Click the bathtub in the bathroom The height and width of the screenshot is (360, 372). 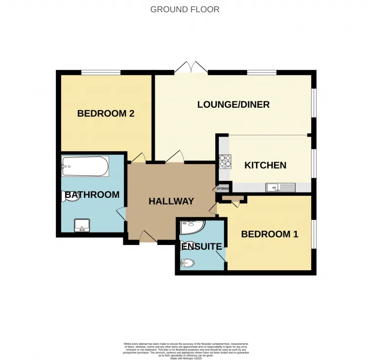tap(85, 167)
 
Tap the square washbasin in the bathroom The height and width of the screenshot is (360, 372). tap(81, 226)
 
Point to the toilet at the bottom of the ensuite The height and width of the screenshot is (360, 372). tap(187, 264)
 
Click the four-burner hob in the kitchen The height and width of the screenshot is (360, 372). tap(226, 161)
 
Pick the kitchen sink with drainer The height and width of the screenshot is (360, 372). tap(280, 187)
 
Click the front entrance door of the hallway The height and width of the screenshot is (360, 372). tap(147, 238)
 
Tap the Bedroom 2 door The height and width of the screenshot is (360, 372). tap(139, 158)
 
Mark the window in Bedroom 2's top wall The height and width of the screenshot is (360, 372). tap(101, 73)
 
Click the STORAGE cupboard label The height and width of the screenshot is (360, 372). tap(223, 189)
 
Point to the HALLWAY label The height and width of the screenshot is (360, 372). tap(171, 201)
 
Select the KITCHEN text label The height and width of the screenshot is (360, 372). tap(265, 166)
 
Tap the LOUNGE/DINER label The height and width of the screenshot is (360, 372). tap(233, 104)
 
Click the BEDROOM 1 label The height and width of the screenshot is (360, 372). tap(269, 234)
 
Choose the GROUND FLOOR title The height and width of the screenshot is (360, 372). tap(185, 9)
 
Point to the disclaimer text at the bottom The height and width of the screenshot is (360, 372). tap(186, 350)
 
